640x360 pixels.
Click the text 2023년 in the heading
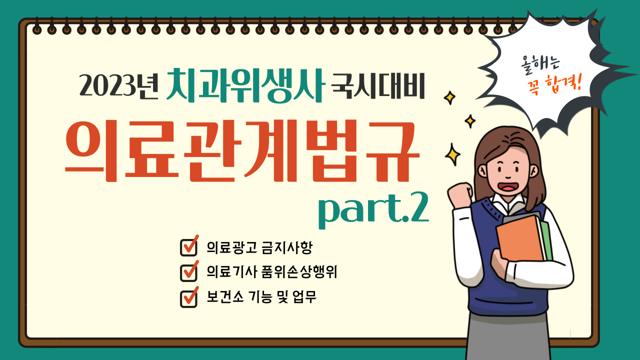click(x=119, y=85)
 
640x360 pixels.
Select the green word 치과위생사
click(x=245, y=85)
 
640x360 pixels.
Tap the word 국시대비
click(x=378, y=85)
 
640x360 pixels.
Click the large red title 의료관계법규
click(x=242, y=151)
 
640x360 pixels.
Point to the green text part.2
click(x=373, y=210)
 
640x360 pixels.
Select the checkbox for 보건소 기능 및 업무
click(x=189, y=297)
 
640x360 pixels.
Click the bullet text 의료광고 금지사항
click(x=259, y=247)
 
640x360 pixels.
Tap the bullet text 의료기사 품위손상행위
click(x=271, y=271)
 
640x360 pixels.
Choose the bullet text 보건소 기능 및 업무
click(x=261, y=297)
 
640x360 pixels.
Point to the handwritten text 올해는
click(x=540, y=64)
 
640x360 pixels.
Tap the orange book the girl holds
click(x=519, y=239)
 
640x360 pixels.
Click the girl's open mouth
click(x=508, y=187)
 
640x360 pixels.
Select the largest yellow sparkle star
click(x=452, y=155)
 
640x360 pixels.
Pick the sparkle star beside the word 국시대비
click(x=449, y=97)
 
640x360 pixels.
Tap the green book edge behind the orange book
click(x=546, y=240)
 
